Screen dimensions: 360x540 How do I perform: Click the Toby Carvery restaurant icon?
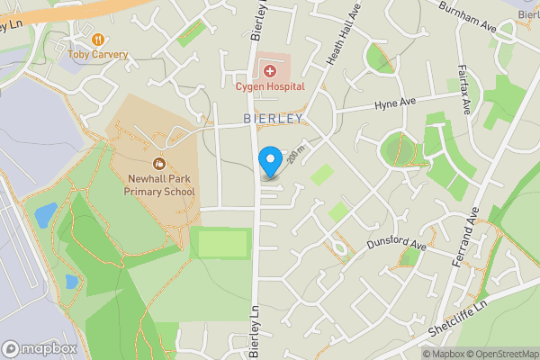[x=98, y=40]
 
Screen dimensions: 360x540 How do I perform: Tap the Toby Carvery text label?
[x=98, y=55]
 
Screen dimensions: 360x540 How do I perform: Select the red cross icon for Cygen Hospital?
[x=269, y=70]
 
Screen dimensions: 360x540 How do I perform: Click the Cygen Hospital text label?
[x=270, y=86]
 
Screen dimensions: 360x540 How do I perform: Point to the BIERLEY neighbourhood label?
[x=272, y=119]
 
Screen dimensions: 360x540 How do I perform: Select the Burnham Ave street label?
[x=468, y=19]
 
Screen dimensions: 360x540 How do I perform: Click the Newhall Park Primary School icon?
[x=159, y=163]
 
